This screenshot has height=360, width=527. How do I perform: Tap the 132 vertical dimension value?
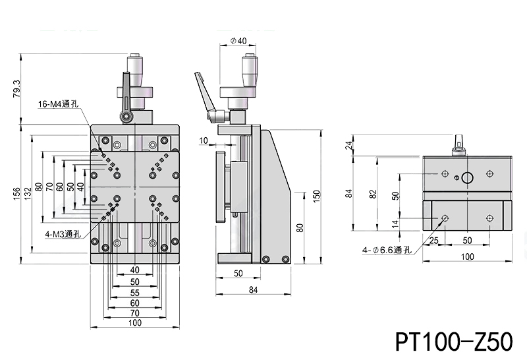click(28, 192)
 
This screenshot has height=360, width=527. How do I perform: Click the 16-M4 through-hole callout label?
click(59, 104)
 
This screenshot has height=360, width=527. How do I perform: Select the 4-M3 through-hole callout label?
click(63, 233)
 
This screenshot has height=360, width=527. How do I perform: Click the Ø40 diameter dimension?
click(239, 41)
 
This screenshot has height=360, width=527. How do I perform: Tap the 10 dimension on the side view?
click(203, 140)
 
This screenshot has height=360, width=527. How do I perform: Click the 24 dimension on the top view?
click(350, 146)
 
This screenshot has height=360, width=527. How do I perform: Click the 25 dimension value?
click(433, 241)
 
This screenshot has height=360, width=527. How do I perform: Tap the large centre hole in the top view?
click(467, 177)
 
